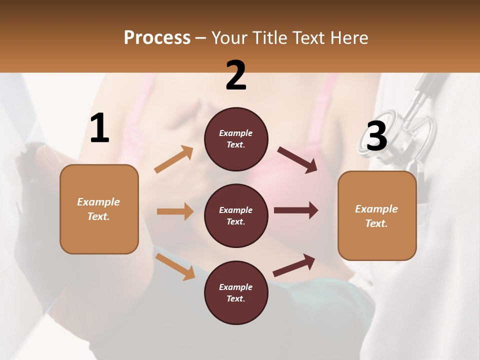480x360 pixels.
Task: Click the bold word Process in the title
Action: tap(157, 38)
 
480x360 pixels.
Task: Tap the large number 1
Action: tap(99, 128)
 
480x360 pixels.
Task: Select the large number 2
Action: tap(236, 75)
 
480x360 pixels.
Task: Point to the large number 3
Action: tap(376, 136)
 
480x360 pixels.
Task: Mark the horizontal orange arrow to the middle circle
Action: tap(175, 211)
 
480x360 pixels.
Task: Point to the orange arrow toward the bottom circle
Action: tap(175, 266)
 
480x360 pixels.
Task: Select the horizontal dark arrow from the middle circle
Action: tap(295, 210)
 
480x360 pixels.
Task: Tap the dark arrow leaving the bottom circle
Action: tap(294, 265)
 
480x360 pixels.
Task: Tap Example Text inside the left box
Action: tap(98, 209)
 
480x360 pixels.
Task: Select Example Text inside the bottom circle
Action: tap(236, 292)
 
